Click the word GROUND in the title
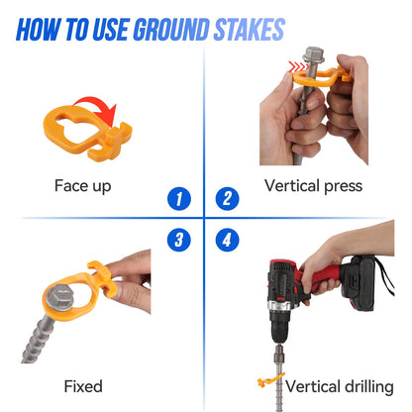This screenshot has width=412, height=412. pyautogui.click(x=171, y=30)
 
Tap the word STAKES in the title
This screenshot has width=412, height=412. pyautogui.click(x=250, y=30)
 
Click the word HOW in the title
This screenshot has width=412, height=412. pyautogui.click(x=39, y=30)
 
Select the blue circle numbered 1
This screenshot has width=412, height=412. pyautogui.click(x=179, y=199)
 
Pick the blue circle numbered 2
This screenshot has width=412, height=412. pyautogui.click(x=227, y=199)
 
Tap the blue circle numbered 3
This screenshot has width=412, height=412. pyautogui.click(x=179, y=240)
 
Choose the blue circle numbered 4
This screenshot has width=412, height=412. pyautogui.click(x=227, y=240)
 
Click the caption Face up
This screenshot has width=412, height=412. pyautogui.click(x=82, y=186)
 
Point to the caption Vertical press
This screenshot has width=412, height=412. pyautogui.click(x=313, y=186)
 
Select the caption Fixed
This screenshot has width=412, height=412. pyautogui.click(x=83, y=386)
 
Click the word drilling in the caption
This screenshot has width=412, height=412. pyautogui.click(x=367, y=387)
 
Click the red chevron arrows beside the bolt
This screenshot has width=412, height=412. pyautogui.click(x=298, y=66)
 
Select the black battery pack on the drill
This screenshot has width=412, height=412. pyautogui.click(x=359, y=283)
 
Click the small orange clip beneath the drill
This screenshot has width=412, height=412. pyautogui.click(x=269, y=380)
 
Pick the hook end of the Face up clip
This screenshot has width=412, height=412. pyautogui.click(x=116, y=141)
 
